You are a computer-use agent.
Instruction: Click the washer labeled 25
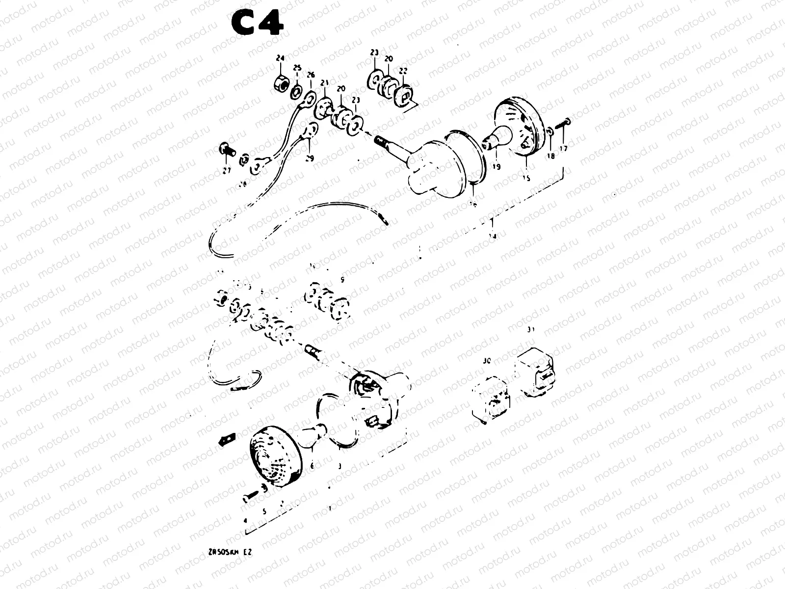click(296, 91)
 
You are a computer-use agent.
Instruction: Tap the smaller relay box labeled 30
click(490, 399)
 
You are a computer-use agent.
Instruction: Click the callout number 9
click(342, 280)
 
